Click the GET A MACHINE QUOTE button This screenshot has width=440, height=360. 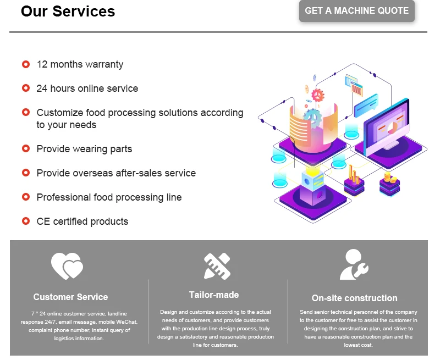point(356,10)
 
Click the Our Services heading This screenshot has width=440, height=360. point(68,12)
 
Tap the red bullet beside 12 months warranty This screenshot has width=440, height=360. point(26,64)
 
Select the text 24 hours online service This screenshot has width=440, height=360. point(87,88)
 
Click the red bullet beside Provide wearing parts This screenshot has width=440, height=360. point(26,148)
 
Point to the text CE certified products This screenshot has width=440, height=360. point(82,221)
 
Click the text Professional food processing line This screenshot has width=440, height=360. point(109,197)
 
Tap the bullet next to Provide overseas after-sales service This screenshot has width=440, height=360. point(26,173)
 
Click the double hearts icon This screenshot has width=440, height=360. point(67,266)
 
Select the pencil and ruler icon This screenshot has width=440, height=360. point(217,266)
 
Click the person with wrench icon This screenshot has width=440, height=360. point(354,264)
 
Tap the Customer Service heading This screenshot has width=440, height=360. point(71,297)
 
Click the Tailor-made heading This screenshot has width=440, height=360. point(214,295)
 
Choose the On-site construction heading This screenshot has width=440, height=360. point(354,298)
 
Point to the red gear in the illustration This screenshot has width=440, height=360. point(318,95)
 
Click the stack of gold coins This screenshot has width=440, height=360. point(389,178)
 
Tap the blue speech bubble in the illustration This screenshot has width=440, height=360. point(366,106)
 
